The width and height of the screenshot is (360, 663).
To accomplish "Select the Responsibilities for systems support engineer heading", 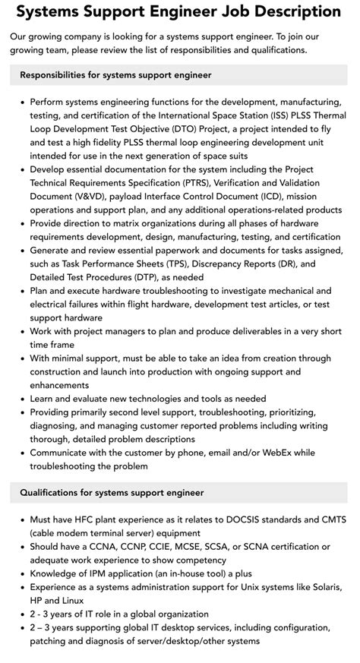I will tap(115, 75).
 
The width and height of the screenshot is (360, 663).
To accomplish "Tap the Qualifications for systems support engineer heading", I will tap(112, 492).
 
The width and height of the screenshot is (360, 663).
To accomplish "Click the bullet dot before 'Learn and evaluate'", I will tap(23, 399).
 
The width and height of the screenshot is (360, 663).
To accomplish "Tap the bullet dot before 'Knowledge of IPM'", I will tap(23, 574).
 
